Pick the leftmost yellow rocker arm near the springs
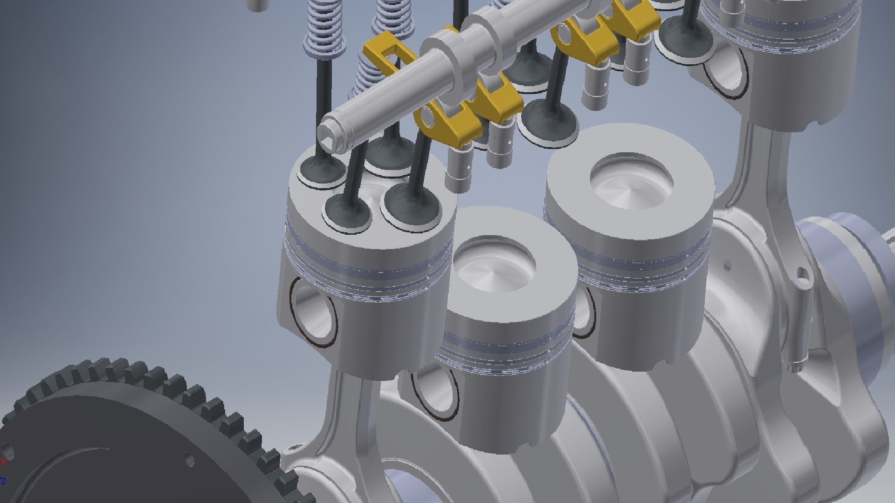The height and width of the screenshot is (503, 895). click(x=383, y=51)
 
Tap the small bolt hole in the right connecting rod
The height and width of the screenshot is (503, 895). click(x=802, y=273)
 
